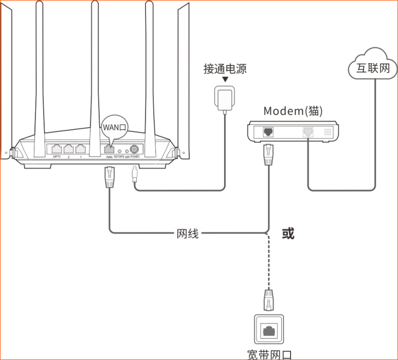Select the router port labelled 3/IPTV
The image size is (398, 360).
coord(56,148)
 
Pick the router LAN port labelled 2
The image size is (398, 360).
coord(69,148)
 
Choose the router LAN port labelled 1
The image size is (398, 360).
coord(81,148)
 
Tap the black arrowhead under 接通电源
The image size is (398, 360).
coord(225,80)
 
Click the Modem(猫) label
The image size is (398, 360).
coord(293,111)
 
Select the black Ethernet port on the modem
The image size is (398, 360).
coord(268,131)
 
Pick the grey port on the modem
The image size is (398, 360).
coord(309,131)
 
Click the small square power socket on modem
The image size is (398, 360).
coord(328,131)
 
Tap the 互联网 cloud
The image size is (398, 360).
coord(373,67)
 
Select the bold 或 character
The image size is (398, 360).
coord(288,233)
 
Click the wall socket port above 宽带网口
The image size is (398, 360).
coord(268,330)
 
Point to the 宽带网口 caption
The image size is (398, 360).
coord(268,353)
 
